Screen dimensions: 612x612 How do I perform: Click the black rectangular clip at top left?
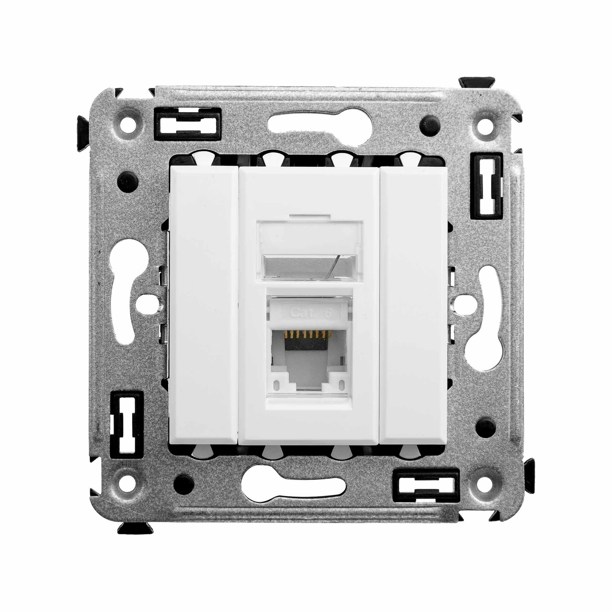coord(187,124)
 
